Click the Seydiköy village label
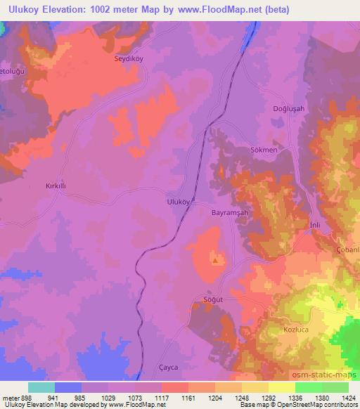pos(129,59)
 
